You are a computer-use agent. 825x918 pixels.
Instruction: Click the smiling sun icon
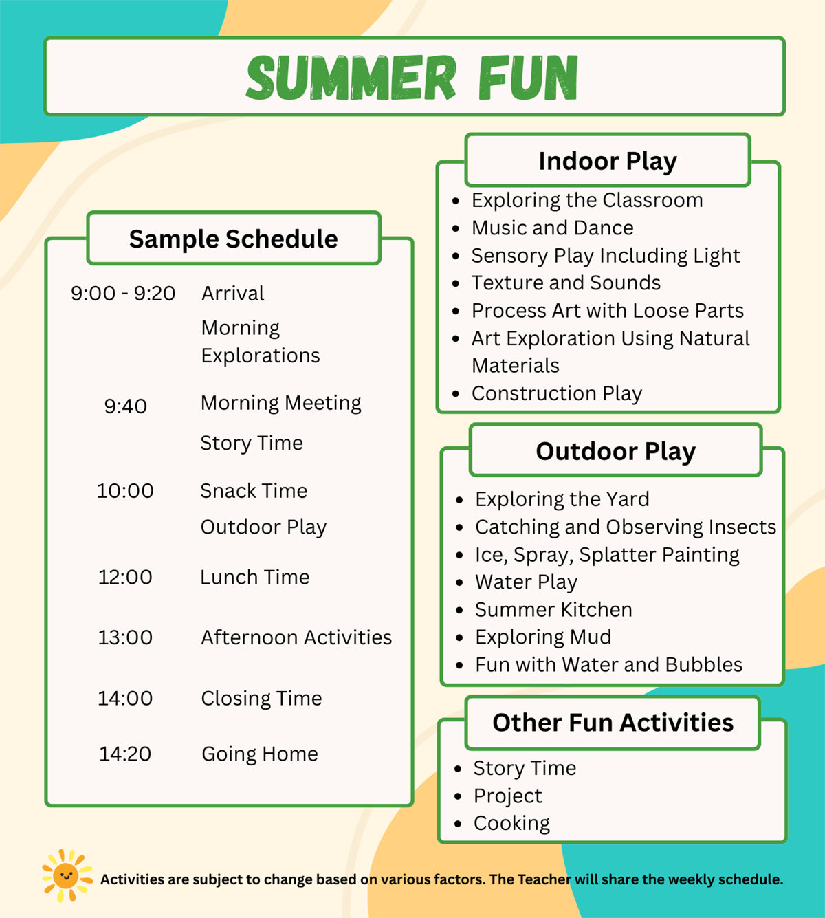click(67, 876)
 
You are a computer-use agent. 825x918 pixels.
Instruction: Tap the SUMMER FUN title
click(412, 77)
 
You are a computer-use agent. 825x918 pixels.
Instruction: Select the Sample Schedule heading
click(233, 239)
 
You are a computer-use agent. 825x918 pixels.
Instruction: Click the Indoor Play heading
click(608, 161)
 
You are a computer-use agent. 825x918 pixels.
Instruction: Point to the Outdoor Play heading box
click(615, 450)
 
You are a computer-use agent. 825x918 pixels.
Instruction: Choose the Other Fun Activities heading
click(613, 723)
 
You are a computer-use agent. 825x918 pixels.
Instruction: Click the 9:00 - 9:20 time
click(123, 294)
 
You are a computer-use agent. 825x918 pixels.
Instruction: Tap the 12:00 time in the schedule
click(125, 577)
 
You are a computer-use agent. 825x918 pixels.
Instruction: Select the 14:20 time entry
click(125, 754)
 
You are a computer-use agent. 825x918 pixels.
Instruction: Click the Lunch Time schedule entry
click(255, 577)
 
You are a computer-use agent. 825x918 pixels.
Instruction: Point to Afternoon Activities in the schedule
click(296, 637)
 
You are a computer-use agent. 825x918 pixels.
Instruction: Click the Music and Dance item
click(553, 228)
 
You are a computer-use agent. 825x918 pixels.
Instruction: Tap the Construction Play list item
click(557, 393)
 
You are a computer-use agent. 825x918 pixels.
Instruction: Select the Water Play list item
click(526, 582)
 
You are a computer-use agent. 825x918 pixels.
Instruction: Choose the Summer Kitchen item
click(553, 609)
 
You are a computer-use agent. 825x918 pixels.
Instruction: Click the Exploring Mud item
click(543, 637)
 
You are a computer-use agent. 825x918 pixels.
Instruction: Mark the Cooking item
click(511, 823)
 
